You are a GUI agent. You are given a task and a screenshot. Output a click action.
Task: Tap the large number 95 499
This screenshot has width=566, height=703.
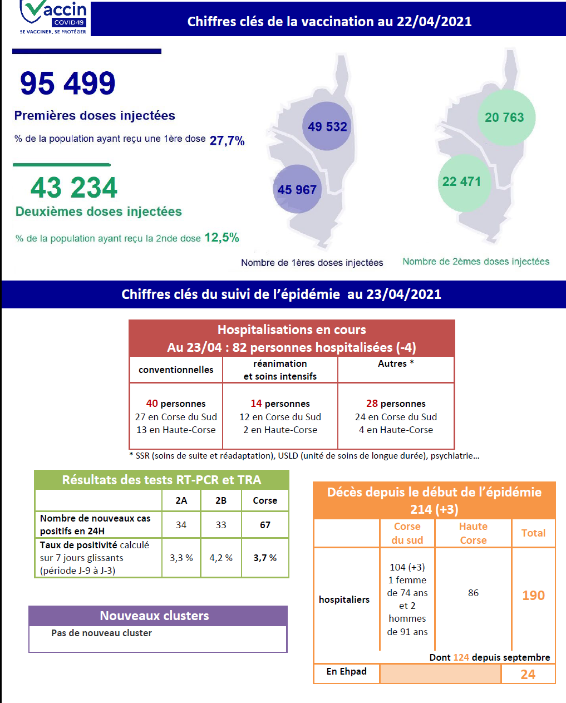[68, 83]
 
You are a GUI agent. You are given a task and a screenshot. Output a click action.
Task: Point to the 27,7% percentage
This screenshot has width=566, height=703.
[227, 141]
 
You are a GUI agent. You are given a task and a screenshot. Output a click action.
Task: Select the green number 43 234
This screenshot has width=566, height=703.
[74, 188]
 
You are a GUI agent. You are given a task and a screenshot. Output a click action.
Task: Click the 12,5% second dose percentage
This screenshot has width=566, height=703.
[222, 238]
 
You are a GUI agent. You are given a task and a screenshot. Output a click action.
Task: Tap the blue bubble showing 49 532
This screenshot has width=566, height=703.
[327, 126]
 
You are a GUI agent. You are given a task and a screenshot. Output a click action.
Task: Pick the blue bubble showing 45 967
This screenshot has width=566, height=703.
[297, 190]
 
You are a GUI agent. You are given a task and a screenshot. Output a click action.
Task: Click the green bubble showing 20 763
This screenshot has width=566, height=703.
[504, 117]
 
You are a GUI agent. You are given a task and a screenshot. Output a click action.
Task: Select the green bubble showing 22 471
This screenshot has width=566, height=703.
[461, 181]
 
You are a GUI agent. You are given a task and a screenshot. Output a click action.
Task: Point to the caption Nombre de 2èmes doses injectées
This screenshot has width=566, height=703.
[476, 262]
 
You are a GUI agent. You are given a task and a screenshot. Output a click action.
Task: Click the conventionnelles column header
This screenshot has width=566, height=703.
[176, 370]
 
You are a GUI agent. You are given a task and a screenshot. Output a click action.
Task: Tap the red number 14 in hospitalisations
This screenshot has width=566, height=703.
[256, 404]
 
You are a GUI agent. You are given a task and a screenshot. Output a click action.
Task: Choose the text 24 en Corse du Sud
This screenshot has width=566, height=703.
[396, 417]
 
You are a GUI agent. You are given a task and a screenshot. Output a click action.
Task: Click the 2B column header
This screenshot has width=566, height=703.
[221, 500]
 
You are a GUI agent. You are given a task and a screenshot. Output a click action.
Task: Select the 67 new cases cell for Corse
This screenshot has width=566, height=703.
[265, 525]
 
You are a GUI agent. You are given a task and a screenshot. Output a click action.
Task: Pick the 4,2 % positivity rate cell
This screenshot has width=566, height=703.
[221, 558]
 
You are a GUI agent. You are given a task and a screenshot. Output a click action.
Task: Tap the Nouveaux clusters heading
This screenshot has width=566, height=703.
[154, 616]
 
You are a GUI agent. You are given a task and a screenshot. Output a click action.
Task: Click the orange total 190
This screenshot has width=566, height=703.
[533, 595]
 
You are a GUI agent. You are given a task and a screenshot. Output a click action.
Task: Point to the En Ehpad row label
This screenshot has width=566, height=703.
[346, 671]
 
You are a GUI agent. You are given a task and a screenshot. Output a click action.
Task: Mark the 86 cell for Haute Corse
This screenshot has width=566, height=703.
[473, 593]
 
